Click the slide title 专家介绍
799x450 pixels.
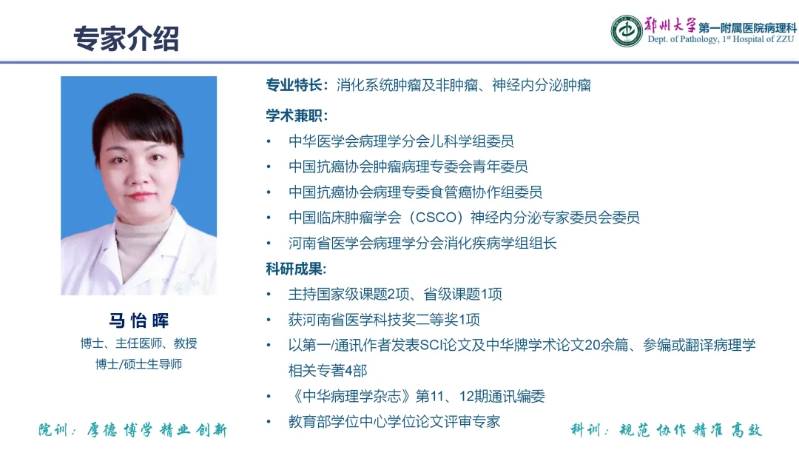tap(126, 38)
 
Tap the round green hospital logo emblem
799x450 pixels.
tap(627, 30)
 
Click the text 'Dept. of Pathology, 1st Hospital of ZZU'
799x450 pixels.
tap(721, 39)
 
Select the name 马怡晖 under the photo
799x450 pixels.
tap(138, 320)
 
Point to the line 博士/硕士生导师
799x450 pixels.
tap(138, 364)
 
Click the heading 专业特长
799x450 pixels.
tap(294, 85)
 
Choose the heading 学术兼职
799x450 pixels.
tap(294, 115)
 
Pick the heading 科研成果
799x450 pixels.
tap(294, 269)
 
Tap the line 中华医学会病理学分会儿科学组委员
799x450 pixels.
tap(401, 141)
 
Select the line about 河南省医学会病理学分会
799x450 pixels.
tap(422, 243)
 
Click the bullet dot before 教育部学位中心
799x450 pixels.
tap(269, 422)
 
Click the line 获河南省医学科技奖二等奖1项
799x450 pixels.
tap(384, 320)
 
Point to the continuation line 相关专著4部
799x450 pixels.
tap(328, 371)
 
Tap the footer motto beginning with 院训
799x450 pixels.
tap(133, 430)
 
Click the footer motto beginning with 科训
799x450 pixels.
tap(666, 430)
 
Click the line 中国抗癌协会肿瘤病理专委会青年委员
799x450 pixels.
tap(408, 167)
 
